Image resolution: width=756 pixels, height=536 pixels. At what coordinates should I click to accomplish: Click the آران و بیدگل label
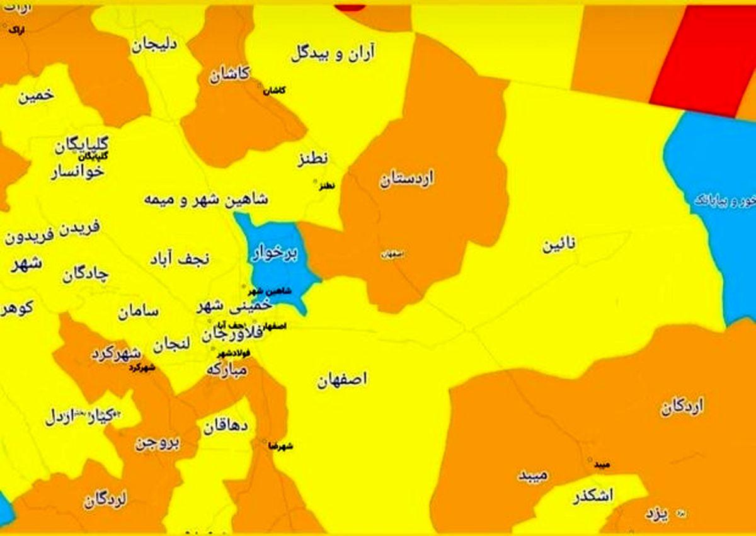point(333,54)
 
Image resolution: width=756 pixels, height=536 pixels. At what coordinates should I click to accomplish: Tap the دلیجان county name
point(155,45)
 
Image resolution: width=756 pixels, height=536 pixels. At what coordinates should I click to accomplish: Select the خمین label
point(36,96)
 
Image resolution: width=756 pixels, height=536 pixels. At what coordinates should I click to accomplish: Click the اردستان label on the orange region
point(407,180)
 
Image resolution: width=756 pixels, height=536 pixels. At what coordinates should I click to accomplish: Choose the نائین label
point(559,246)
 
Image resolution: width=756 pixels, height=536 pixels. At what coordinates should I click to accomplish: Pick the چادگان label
point(86,275)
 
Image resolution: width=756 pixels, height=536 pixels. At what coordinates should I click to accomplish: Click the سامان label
point(138,311)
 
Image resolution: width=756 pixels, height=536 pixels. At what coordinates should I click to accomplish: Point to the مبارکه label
point(227,370)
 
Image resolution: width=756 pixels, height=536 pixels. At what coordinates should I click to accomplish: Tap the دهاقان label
point(225,428)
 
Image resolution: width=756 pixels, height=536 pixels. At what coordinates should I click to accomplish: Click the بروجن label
point(157,443)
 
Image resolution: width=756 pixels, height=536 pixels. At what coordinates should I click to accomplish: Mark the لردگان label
point(105,501)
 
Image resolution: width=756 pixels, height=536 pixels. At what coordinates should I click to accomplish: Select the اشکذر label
point(592,497)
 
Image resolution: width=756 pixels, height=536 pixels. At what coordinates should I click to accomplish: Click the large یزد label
point(656,514)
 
